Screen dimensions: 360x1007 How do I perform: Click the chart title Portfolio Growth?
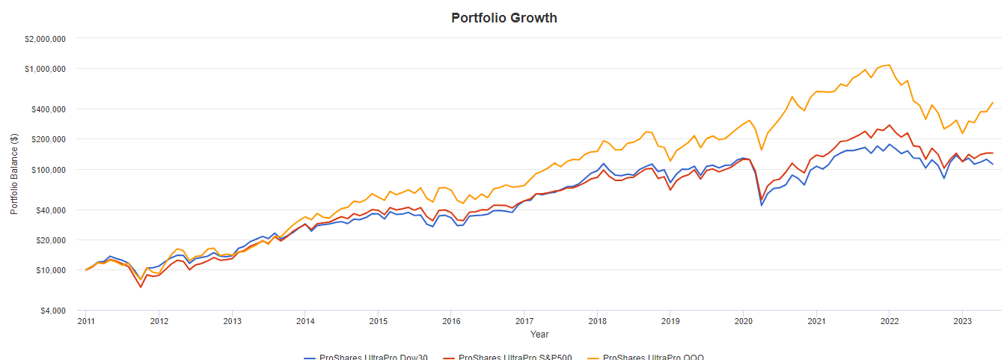coord(503,17)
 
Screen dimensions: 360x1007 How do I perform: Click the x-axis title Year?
coord(539,335)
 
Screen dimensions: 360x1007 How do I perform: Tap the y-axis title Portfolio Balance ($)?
coord(14,174)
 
